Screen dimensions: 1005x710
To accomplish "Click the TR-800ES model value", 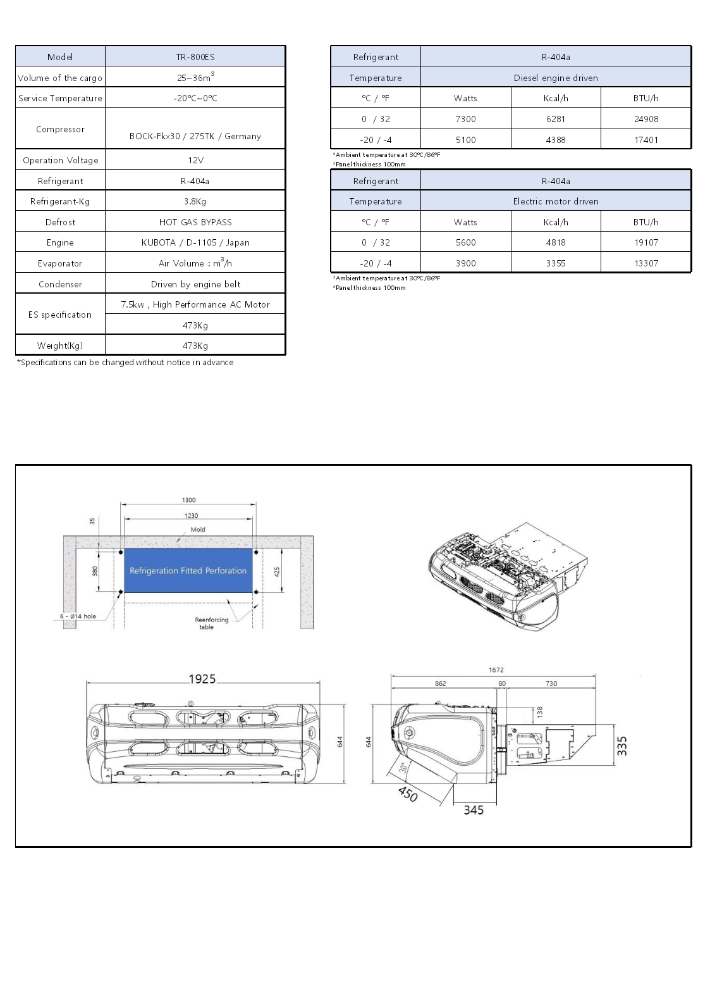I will tap(195, 57).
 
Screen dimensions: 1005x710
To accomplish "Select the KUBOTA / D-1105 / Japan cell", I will tap(195, 242).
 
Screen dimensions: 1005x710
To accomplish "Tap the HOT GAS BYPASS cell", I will tap(195, 222).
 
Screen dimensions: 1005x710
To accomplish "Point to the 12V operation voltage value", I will tap(195, 160).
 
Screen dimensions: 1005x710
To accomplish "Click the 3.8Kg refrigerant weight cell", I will tap(195, 201).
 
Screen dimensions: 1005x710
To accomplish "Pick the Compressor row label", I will tap(60, 129).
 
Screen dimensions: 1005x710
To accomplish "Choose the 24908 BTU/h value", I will tap(646, 119).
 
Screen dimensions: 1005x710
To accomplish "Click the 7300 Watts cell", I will tap(465, 119).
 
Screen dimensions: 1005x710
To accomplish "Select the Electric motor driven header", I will tap(556, 201).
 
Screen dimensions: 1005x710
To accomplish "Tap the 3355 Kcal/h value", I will tap(556, 263).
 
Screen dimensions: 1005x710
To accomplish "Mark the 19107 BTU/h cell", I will tap(646, 242).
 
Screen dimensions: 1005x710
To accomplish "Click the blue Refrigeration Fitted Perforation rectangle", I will tap(188, 570).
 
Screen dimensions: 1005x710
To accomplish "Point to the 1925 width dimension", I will tap(202, 679).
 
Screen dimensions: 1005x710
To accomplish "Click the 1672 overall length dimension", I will tap(496, 670).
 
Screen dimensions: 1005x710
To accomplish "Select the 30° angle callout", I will tap(403, 768).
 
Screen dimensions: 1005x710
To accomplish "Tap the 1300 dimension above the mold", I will tap(189, 500).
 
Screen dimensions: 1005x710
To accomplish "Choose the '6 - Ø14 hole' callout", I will tap(78, 616).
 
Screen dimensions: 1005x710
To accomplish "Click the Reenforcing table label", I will tap(211, 623).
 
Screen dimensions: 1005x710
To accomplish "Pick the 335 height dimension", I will tap(622, 746).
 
